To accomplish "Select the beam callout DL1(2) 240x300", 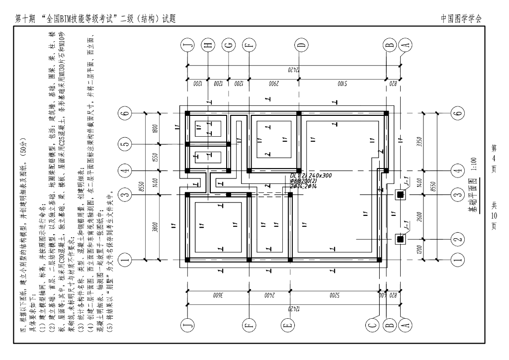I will tap(311, 176).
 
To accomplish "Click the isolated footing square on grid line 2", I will tap(400, 239).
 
